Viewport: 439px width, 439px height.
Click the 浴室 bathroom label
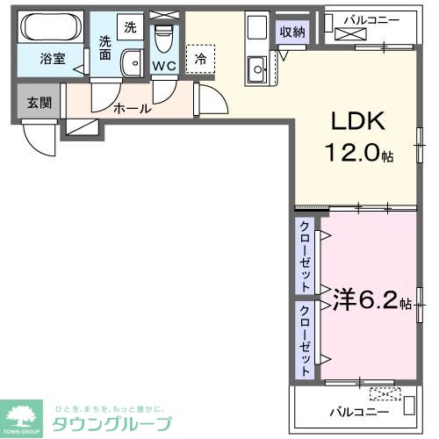(51, 61)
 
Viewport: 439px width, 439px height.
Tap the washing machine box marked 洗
(129, 27)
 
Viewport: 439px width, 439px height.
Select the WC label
(163, 64)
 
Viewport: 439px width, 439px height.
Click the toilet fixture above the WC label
(163, 38)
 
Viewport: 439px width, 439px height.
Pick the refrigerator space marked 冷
(200, 59)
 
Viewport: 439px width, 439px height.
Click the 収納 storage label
(292, 32)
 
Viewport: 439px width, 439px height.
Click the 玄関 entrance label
(39, 103)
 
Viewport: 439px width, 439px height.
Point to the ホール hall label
(132, 109)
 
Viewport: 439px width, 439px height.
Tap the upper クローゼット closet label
(305, 257)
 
